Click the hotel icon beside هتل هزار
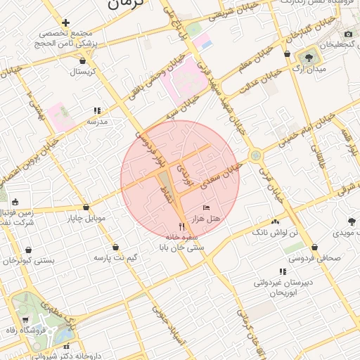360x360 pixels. click(x=205, y=207)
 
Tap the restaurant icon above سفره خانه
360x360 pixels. click(x=181, y=226)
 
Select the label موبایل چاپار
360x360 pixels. click(x=86, y=218)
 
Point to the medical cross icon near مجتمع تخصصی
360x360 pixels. click(x=66, y=22)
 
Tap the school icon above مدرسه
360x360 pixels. click(x=97, y=110)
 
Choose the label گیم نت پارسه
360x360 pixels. click(x=113, y=258)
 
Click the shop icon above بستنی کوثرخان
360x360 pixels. click(x=27, y=250)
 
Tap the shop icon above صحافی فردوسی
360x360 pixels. click(x=314, y=247)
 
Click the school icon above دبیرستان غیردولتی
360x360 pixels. click(x=283, y=271)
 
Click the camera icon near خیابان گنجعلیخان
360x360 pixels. click(x=348, y=34)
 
